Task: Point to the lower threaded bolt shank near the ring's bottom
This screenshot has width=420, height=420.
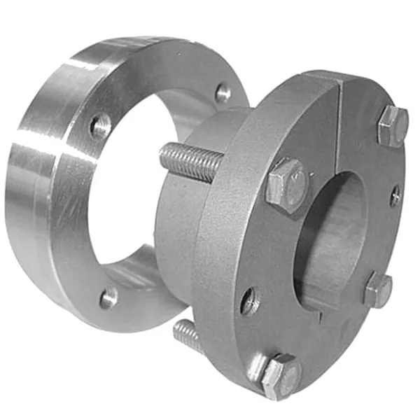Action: click(x=188, y=335)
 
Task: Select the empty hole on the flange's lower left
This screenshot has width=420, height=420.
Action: click(x=250, y=302)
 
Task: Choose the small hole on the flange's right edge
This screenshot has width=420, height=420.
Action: click(x=395, y=196)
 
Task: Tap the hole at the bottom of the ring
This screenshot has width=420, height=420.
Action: click(x=108, y=298)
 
